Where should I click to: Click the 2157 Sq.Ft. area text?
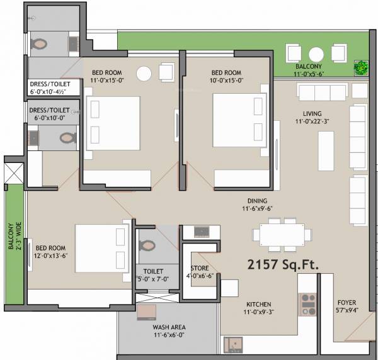(x=282, y=263)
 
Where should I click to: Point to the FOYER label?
(x=347, y=303)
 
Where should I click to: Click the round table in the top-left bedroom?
(x=144, y=74)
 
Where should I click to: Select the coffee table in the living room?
(x=326, y=150)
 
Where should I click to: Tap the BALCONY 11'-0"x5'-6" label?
(x=309, y=70)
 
